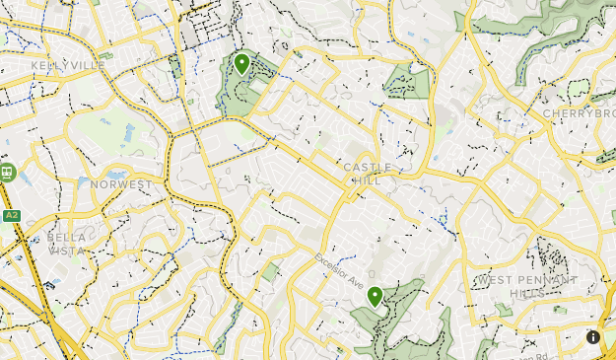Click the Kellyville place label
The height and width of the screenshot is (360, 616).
pyautogui.click(x=68, y=65)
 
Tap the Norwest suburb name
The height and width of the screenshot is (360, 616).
pyautogui.click(x=121, y=184)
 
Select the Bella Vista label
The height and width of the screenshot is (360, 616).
pyautogui.click(x=66, y=244)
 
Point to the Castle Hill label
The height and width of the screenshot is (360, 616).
pyautogui.click(x=368, y=174)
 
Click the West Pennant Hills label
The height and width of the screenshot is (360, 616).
pyautogui.click(x=527, y=287)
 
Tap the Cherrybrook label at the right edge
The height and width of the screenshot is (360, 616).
pyautogui.click(x=580, y=113)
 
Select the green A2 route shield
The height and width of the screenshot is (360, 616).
pyautogui.click(x=12, y=215)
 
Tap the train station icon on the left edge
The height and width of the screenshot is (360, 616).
pyautogui.click(x=8, y=173)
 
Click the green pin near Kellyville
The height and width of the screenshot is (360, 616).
pyautogui.click(x=242, y=65)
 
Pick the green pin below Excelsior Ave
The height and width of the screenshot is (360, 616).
pyautogui.click(x=375, y=296)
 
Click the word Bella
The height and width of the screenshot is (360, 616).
pyautogui.click(x=66, y=238)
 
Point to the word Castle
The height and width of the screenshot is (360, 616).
pyautogui.click(x=368, y=168)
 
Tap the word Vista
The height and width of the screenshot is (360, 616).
pyautogui.click(x=66, y=251)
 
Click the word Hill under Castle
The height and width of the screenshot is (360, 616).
pyautogui.click(x=367, y=180)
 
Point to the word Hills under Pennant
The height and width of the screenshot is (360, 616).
pyautogui.click(x=528, y=294)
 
